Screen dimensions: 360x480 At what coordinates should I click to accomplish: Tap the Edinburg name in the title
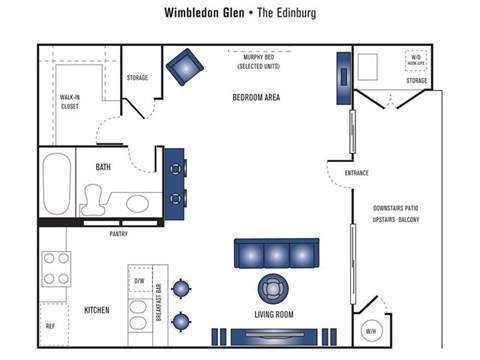[x=287, y=13]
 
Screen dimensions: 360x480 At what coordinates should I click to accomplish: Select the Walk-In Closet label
[x=70, y=100]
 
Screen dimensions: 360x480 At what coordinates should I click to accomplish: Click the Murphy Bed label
[x=258, y=62]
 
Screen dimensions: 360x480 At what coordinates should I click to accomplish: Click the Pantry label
[x=118, y=234]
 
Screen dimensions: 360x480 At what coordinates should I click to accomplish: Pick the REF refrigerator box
[x=51, y=326]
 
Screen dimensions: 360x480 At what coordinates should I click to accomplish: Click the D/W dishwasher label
[x=139, y=282]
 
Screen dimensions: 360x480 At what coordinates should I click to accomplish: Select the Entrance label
[x=357, y=173]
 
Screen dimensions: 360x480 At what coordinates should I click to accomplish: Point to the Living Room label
[x=273, y=315]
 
